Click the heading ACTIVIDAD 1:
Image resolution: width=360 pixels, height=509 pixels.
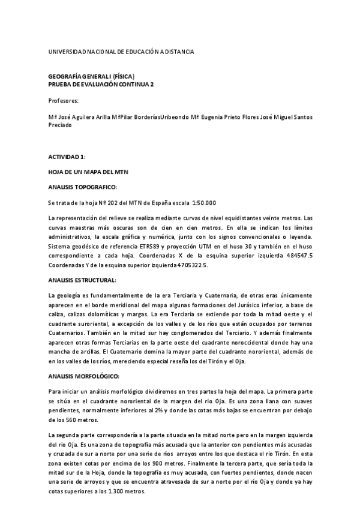pyautogui.click(x=67, y=157)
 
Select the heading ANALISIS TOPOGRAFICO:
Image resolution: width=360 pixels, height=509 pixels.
pyautogui.click(x=86, y=187)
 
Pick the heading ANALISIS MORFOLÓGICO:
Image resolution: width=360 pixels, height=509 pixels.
pyautogui.click(x=85, y=376)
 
